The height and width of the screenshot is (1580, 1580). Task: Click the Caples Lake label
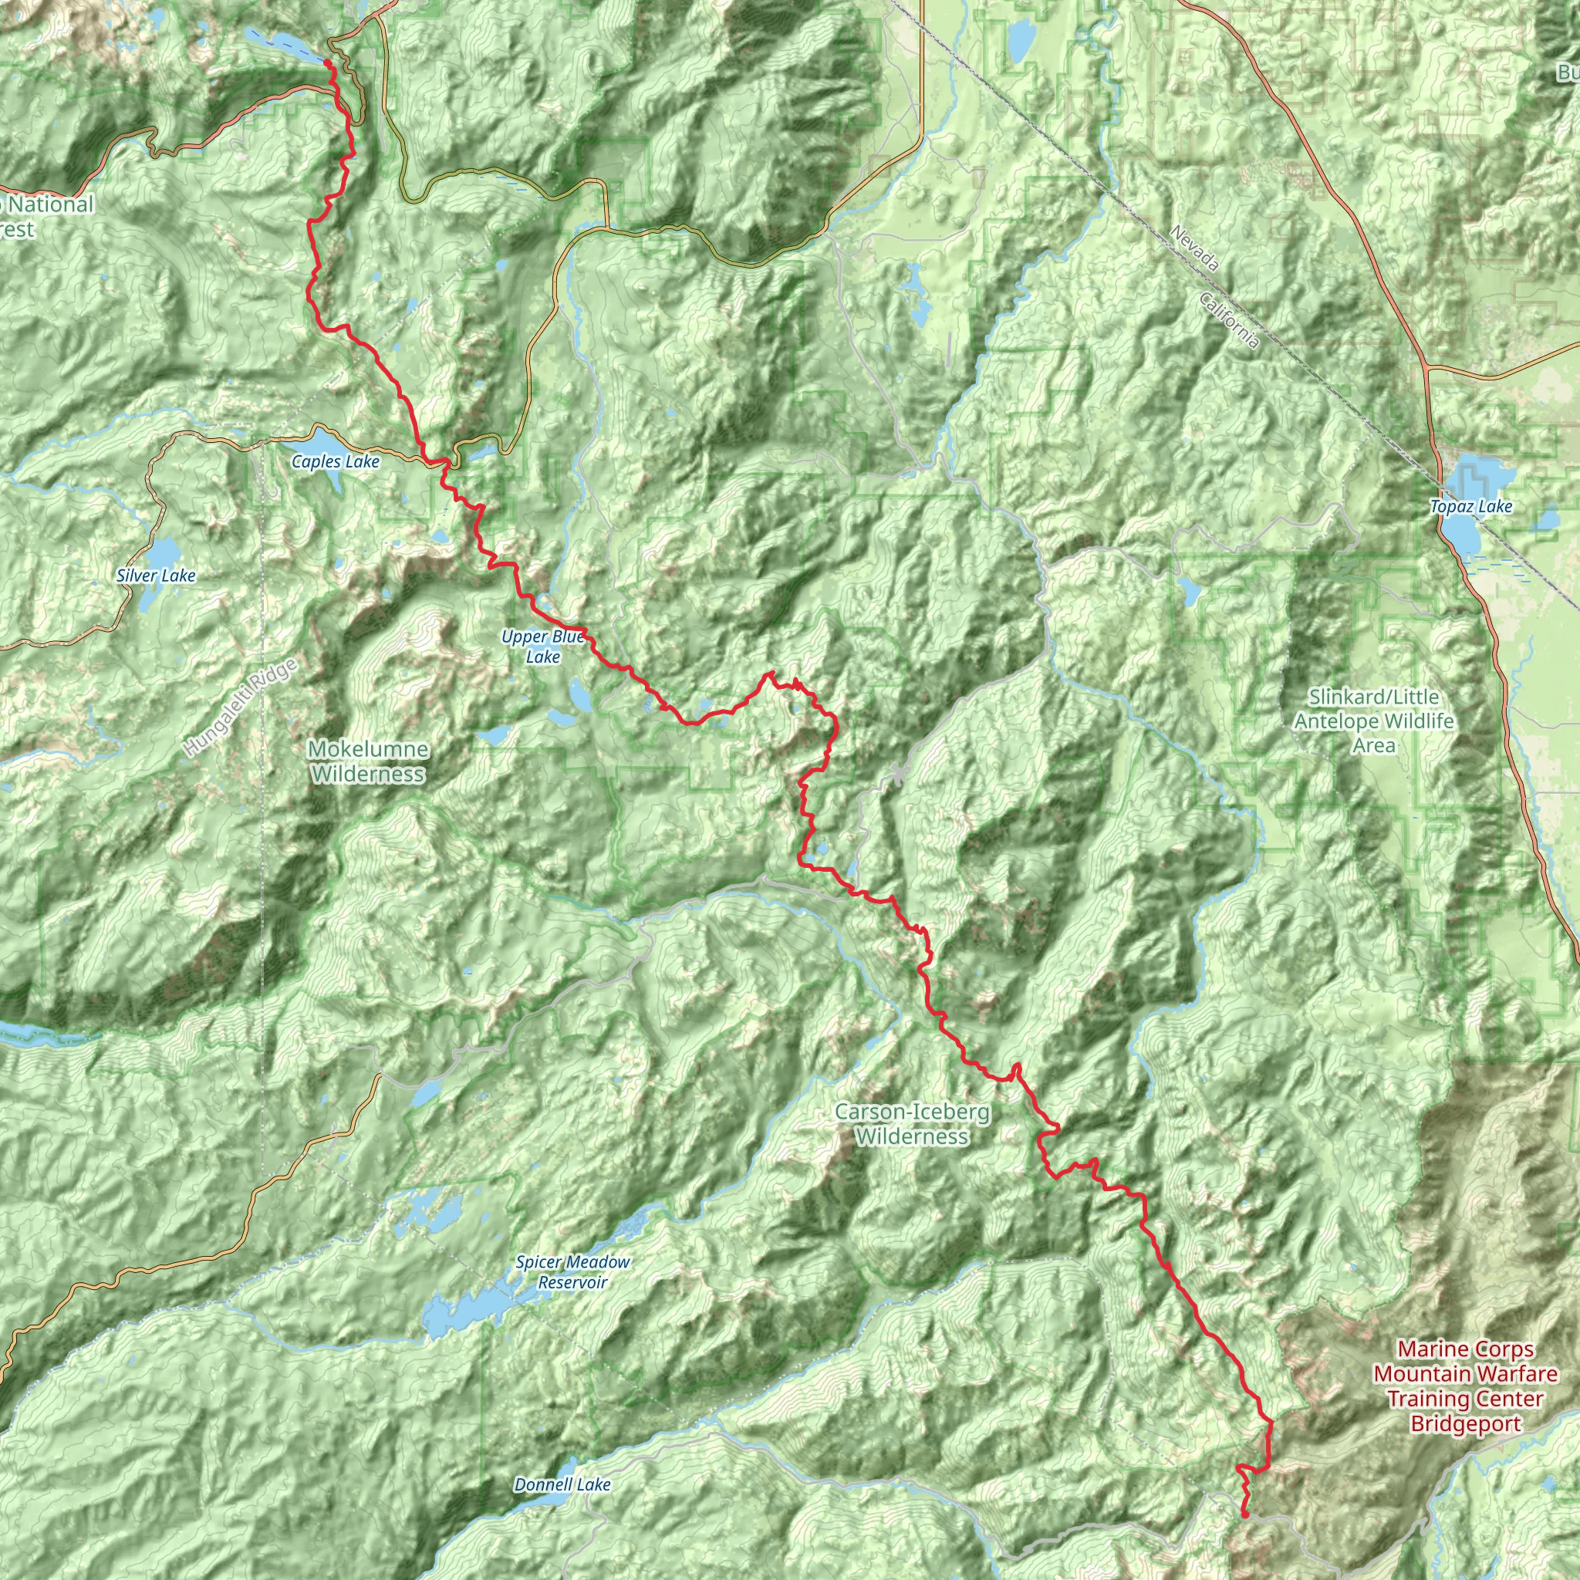336,462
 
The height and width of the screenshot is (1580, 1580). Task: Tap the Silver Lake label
155,576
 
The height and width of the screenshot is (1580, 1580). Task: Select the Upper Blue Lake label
543,647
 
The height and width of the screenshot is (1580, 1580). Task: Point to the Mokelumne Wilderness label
368,761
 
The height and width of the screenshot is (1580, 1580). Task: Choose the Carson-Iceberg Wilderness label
912,1125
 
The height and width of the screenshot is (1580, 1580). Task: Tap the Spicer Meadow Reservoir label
572,1272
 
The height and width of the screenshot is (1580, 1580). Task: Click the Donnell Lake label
562,1484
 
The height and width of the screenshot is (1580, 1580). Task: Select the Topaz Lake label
1471,507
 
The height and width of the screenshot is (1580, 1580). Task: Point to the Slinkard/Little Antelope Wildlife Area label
1373,721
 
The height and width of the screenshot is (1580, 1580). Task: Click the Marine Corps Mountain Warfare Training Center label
1465,1386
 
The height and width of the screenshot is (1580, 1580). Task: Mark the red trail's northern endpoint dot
327,62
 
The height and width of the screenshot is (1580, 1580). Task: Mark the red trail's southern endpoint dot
1244,1514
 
